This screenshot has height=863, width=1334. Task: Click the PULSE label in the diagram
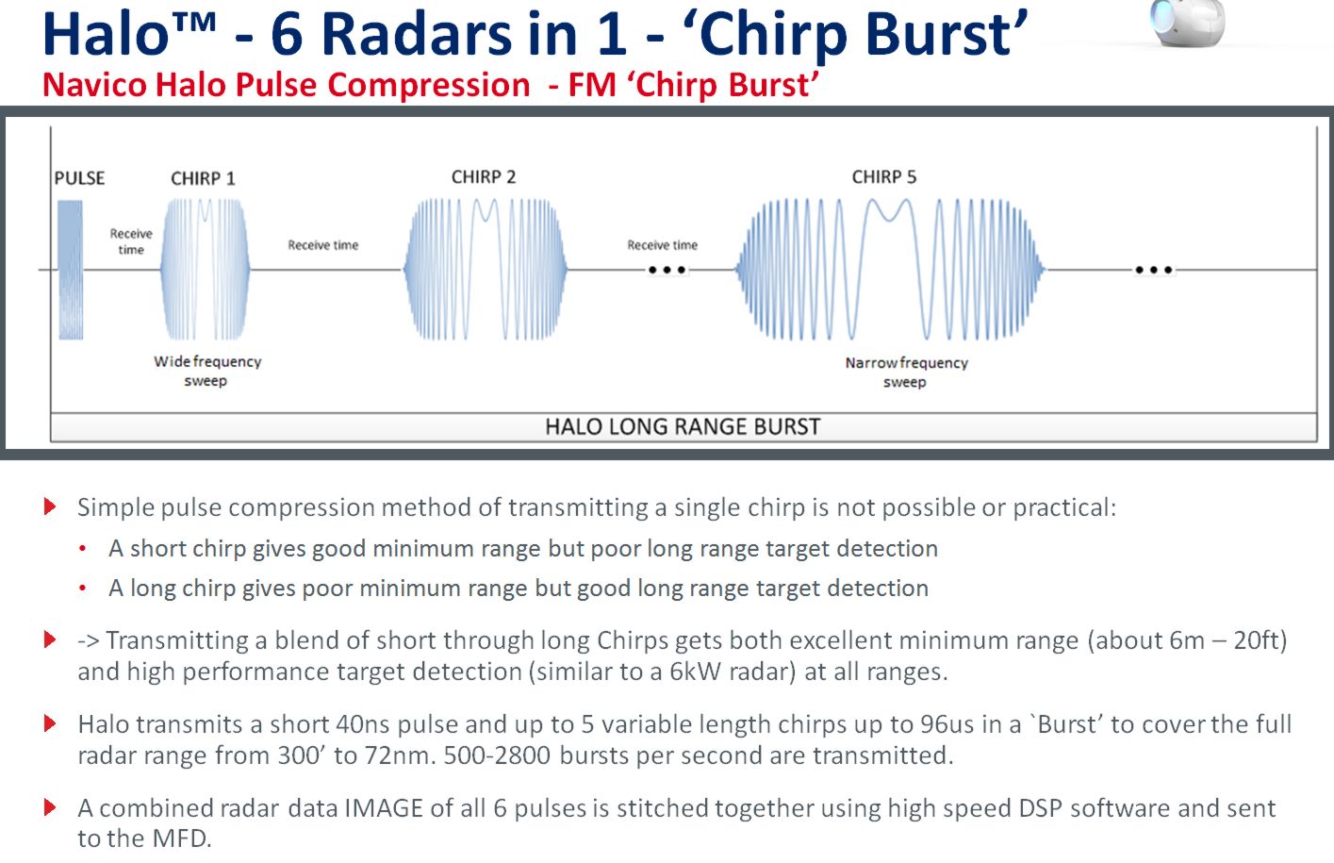(79, 178)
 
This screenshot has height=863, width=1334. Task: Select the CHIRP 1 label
(203, 178)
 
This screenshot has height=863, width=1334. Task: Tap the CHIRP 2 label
(484, 177)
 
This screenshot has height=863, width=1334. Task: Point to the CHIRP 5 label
(883, 177)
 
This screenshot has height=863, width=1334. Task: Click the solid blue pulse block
(71, 270)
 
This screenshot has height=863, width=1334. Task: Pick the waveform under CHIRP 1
(206, 270)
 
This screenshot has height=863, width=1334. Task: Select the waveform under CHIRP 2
(486, 270)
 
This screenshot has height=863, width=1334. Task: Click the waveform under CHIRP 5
(890, 270)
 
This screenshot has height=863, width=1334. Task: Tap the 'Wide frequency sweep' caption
(207, 371)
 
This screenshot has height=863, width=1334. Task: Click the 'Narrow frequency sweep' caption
(906, 372)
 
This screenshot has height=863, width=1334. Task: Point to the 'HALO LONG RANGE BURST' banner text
(683, 426)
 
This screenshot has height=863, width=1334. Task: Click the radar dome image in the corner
(1188, 23)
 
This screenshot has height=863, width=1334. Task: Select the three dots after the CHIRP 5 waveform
(1154, 270)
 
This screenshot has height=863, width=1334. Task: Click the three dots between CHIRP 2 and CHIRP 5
(667, 270)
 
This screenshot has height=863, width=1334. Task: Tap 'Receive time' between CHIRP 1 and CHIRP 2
(322, 245)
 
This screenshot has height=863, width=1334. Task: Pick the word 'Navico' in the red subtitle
(94, 84)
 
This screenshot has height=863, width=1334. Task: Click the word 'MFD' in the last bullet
(181, 838)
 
